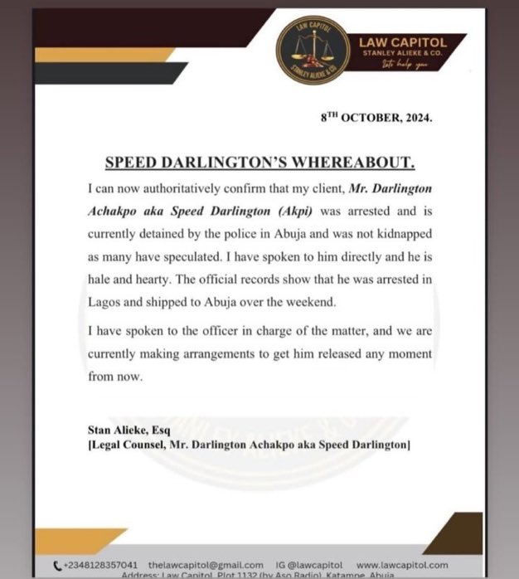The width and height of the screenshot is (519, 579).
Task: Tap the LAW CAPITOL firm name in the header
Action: tap(402, 42)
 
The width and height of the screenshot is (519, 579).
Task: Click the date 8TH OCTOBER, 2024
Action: tap(376, 118)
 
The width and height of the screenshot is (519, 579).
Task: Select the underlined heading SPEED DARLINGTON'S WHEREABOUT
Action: tap(259, 161)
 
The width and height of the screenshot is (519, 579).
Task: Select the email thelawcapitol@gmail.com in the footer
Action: tap(206, 564)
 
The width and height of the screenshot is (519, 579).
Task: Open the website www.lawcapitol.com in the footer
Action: tap(408, 564)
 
